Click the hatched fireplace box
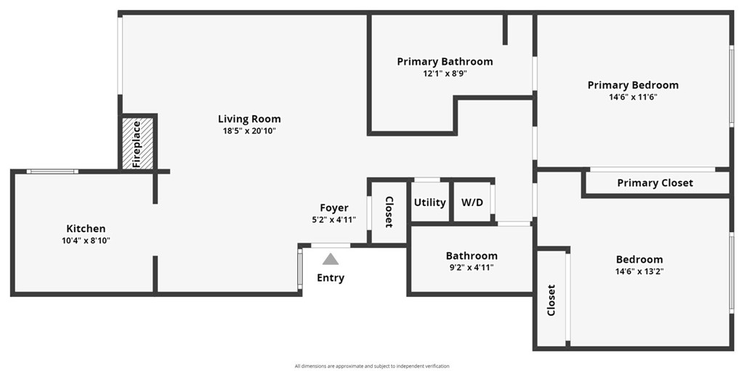coord(138,143)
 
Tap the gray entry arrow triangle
coord(331,259)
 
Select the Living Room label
coord(249,119)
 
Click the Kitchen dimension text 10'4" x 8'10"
coord(86,240)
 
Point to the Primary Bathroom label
coord(445,62)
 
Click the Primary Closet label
coord(655,183)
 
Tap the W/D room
coord(472,202)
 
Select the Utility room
coord(430,202)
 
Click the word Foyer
coord(334,207)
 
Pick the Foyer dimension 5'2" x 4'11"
coord(334,220)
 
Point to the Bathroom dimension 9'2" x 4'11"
coord(472,268)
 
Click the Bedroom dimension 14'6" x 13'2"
coord(639,272)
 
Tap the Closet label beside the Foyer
coord(389,212)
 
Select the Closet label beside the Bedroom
coord(551,300)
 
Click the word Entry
coord(331,278)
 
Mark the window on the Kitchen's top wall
coord(52,172)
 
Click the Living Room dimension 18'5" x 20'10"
coord(249,131)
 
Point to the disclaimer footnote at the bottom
coord(372,366)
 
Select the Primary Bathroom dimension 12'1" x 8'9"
coord(445,73)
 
